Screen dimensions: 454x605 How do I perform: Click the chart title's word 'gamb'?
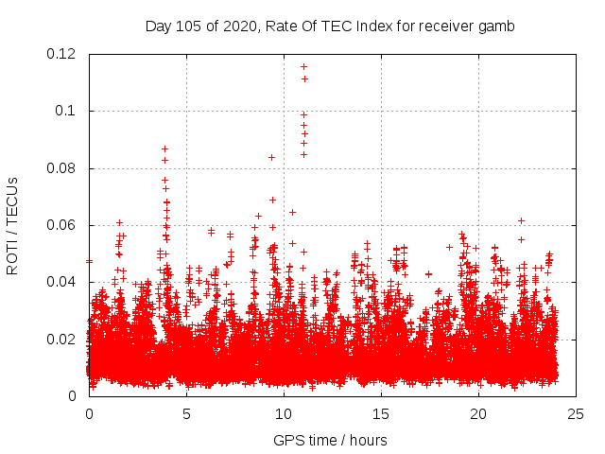495,26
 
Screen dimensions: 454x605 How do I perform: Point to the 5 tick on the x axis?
186,413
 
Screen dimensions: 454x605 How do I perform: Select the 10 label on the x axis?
284,413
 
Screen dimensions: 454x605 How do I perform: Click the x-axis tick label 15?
381,413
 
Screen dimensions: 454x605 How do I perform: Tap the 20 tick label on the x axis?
478,413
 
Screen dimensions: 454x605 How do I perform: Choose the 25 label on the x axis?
576,413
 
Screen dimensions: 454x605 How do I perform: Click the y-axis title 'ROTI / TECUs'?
12,226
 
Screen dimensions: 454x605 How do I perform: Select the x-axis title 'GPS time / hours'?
330,440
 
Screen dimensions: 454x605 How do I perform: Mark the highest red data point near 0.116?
303,66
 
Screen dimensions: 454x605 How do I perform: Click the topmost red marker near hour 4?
164,148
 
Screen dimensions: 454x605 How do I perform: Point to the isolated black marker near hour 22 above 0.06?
521,220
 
